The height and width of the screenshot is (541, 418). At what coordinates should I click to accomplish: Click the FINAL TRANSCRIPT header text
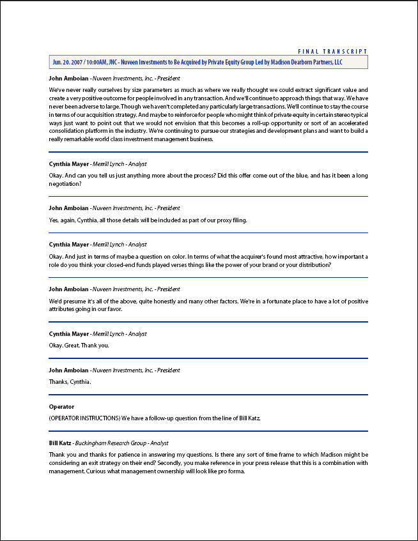[x=333, y=51]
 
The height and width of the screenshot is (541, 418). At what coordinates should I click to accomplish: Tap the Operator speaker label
[x=61, y=407]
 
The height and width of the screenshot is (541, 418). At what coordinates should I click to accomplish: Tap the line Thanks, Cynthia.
[x=70, y=382]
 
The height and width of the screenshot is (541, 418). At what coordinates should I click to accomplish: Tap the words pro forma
[x=232, y=472]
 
